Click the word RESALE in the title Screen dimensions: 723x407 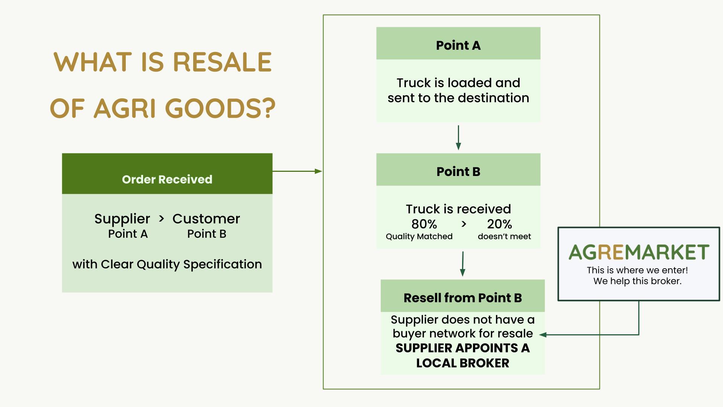coord(222,62)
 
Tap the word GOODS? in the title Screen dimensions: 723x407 coord(220,109)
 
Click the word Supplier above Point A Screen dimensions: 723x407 coord(122,219)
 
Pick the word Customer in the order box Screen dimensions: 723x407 coord(206,219)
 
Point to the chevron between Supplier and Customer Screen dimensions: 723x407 coord(162,219)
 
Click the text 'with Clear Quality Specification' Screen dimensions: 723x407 coord(167,264)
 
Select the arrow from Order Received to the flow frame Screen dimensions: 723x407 coord(297,171)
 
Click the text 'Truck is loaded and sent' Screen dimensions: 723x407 coord(458,90)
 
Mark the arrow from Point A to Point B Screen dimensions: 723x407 coord(458,138)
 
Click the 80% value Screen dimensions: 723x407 coord(424,224)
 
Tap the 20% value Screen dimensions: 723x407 coord(499,224)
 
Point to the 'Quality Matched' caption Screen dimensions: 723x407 coord(419,237)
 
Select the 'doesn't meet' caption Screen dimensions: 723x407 coord(504,236)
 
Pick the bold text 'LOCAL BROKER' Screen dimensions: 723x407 coord(463,363)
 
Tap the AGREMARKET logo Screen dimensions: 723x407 coord(639,252)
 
